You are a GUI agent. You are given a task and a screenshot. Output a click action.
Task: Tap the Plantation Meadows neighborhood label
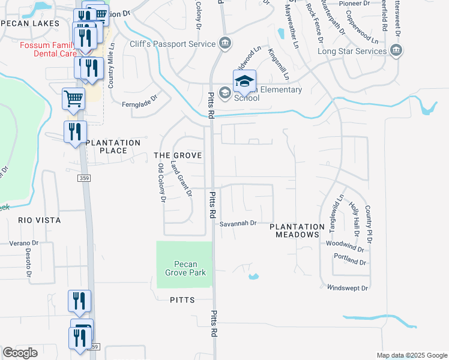297,230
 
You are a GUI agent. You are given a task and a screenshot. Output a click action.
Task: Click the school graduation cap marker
244,82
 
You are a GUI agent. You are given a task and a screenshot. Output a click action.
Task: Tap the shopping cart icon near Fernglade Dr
73,98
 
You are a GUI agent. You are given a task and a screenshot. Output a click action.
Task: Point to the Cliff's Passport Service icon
224,43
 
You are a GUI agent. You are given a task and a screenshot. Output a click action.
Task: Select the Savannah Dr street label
238,223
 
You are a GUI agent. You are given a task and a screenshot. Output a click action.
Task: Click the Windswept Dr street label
348,288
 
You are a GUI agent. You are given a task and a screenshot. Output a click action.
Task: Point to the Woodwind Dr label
345,245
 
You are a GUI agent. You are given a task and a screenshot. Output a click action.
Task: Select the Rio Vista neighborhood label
40,220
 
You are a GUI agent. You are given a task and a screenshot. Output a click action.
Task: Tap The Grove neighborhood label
178,155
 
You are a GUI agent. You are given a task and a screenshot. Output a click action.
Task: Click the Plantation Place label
113,146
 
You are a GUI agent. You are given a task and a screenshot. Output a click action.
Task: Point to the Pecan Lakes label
30,23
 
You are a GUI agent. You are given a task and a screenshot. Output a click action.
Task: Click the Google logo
20,353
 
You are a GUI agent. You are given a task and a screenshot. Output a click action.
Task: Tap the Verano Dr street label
23,243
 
